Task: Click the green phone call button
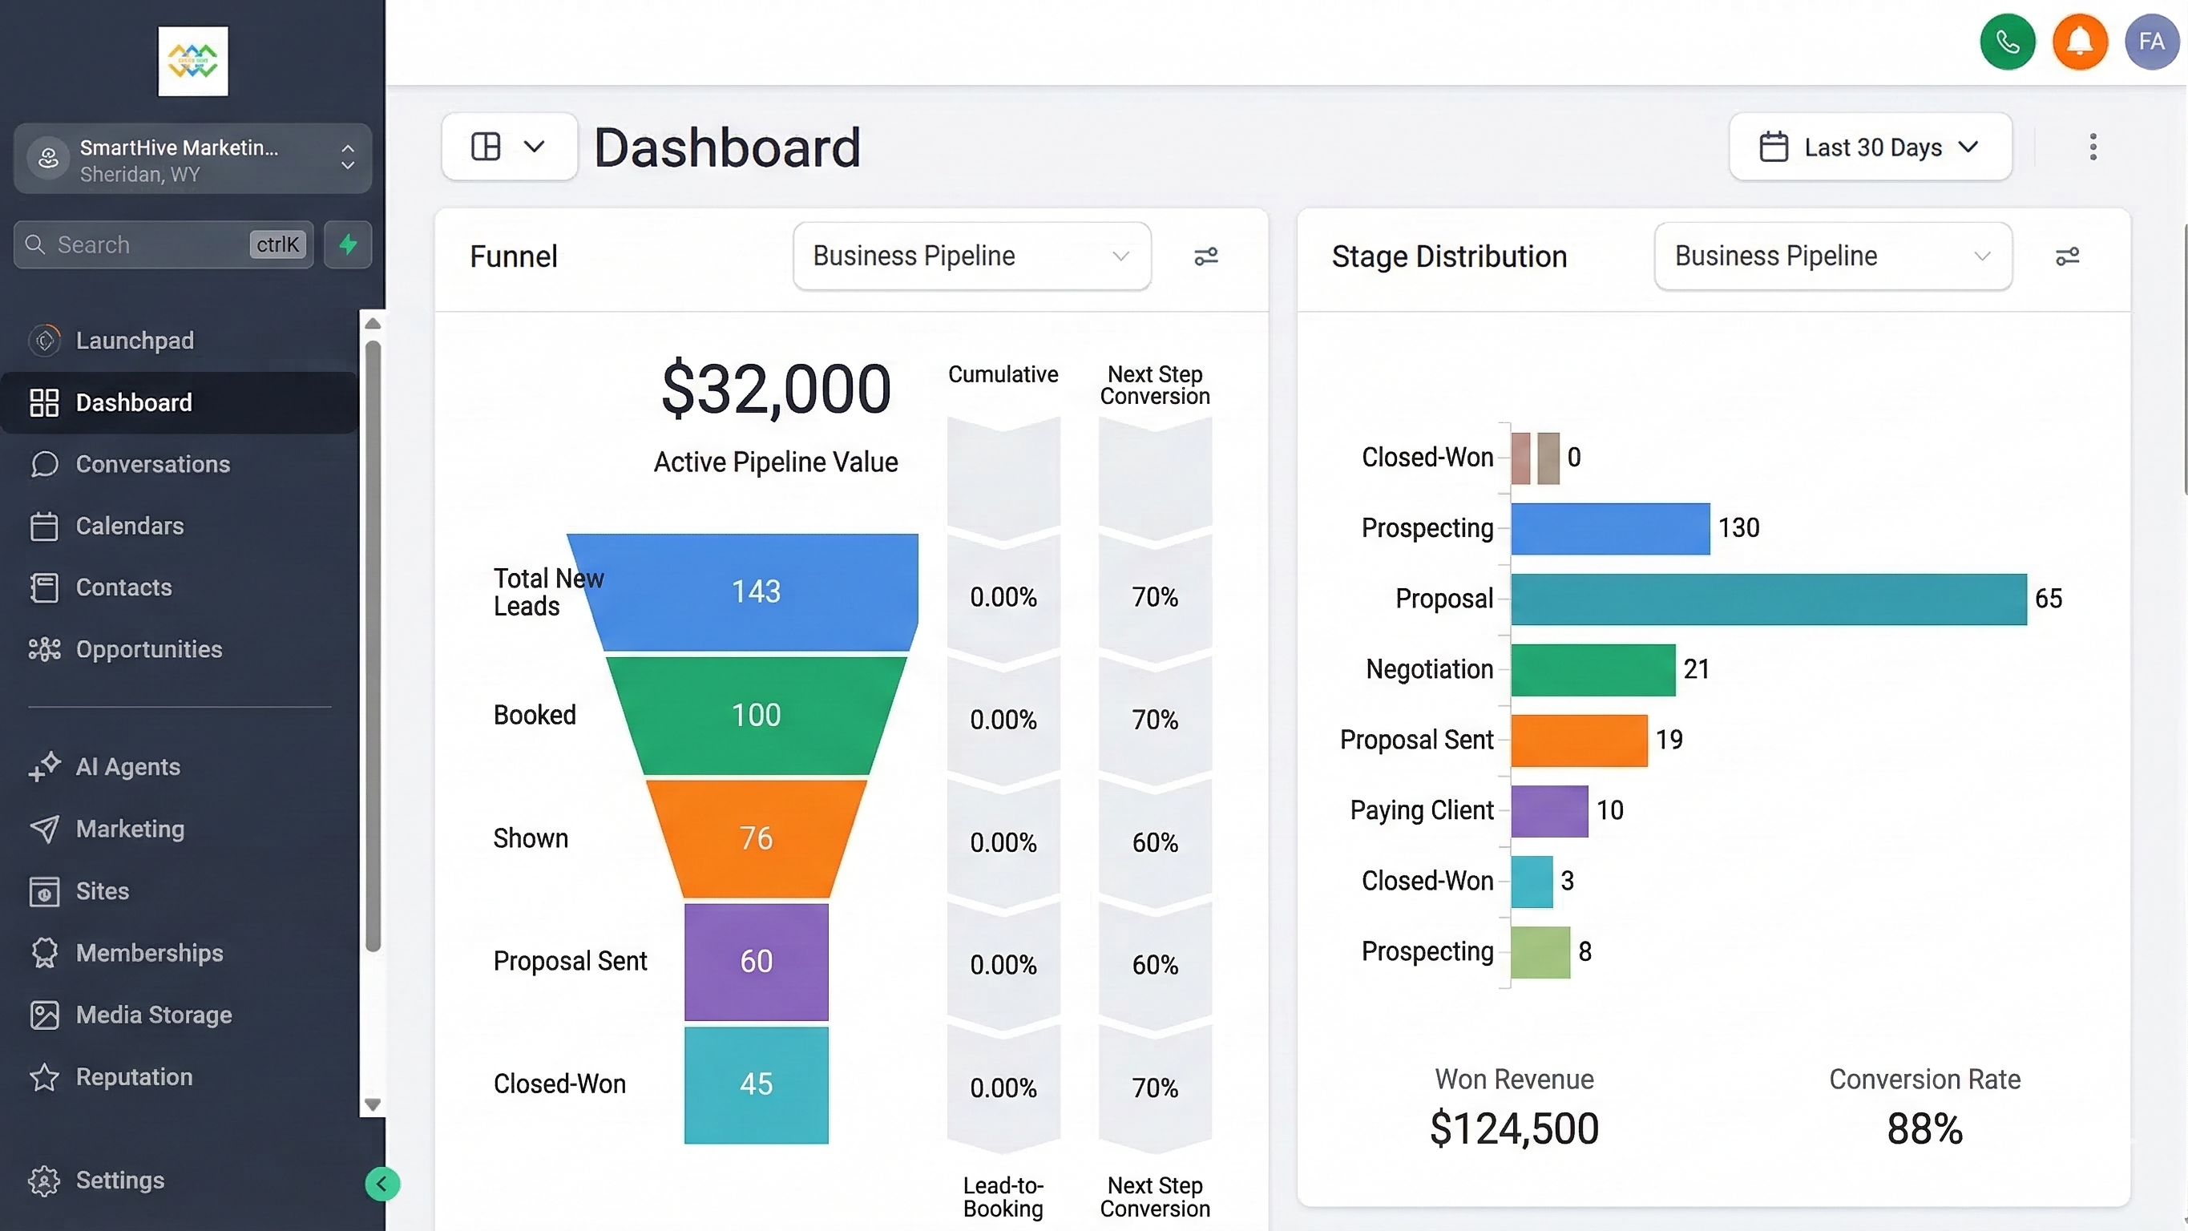2007,41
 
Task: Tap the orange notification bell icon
2079,41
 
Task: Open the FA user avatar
2150,41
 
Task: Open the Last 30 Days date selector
1870,147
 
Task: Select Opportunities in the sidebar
148,649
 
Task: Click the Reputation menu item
133,1076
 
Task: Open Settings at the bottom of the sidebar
119,1180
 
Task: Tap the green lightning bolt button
347,244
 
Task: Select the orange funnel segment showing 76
756,838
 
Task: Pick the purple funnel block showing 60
756,961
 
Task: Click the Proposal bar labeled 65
1767,599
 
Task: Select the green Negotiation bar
1593,669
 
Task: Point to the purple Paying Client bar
1548,810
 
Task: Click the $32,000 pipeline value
776,389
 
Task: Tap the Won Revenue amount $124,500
1514,1128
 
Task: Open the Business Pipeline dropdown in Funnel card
971,256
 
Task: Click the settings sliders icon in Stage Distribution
2066,256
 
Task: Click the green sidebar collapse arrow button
381,1184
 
